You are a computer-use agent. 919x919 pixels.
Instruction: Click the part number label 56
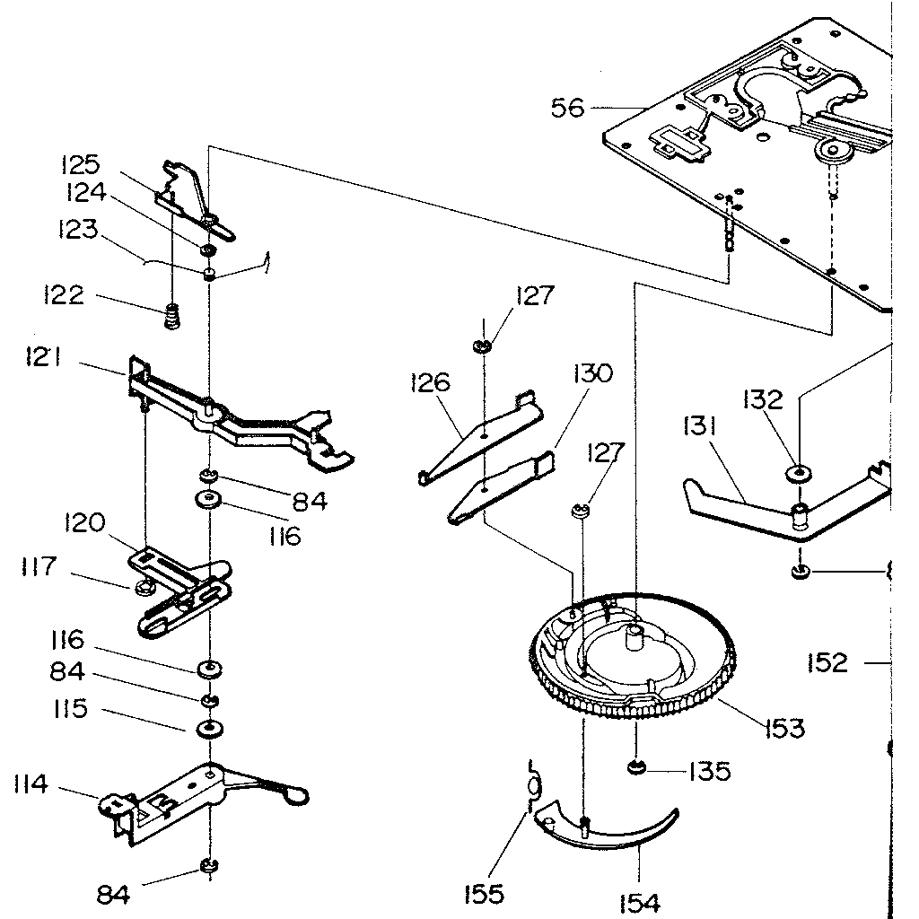(567, 109)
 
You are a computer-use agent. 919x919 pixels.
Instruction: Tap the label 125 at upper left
(80, 165)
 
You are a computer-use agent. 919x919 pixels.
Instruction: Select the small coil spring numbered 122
(173, 317)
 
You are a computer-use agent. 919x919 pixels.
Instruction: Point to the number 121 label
(43, 357)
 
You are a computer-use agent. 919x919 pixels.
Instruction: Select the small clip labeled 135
(636, 767)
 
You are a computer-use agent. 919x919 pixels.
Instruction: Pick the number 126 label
(429, 383)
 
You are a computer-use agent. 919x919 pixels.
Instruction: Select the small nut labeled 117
(142, 589)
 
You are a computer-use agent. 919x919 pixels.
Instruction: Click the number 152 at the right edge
(827, 662)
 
